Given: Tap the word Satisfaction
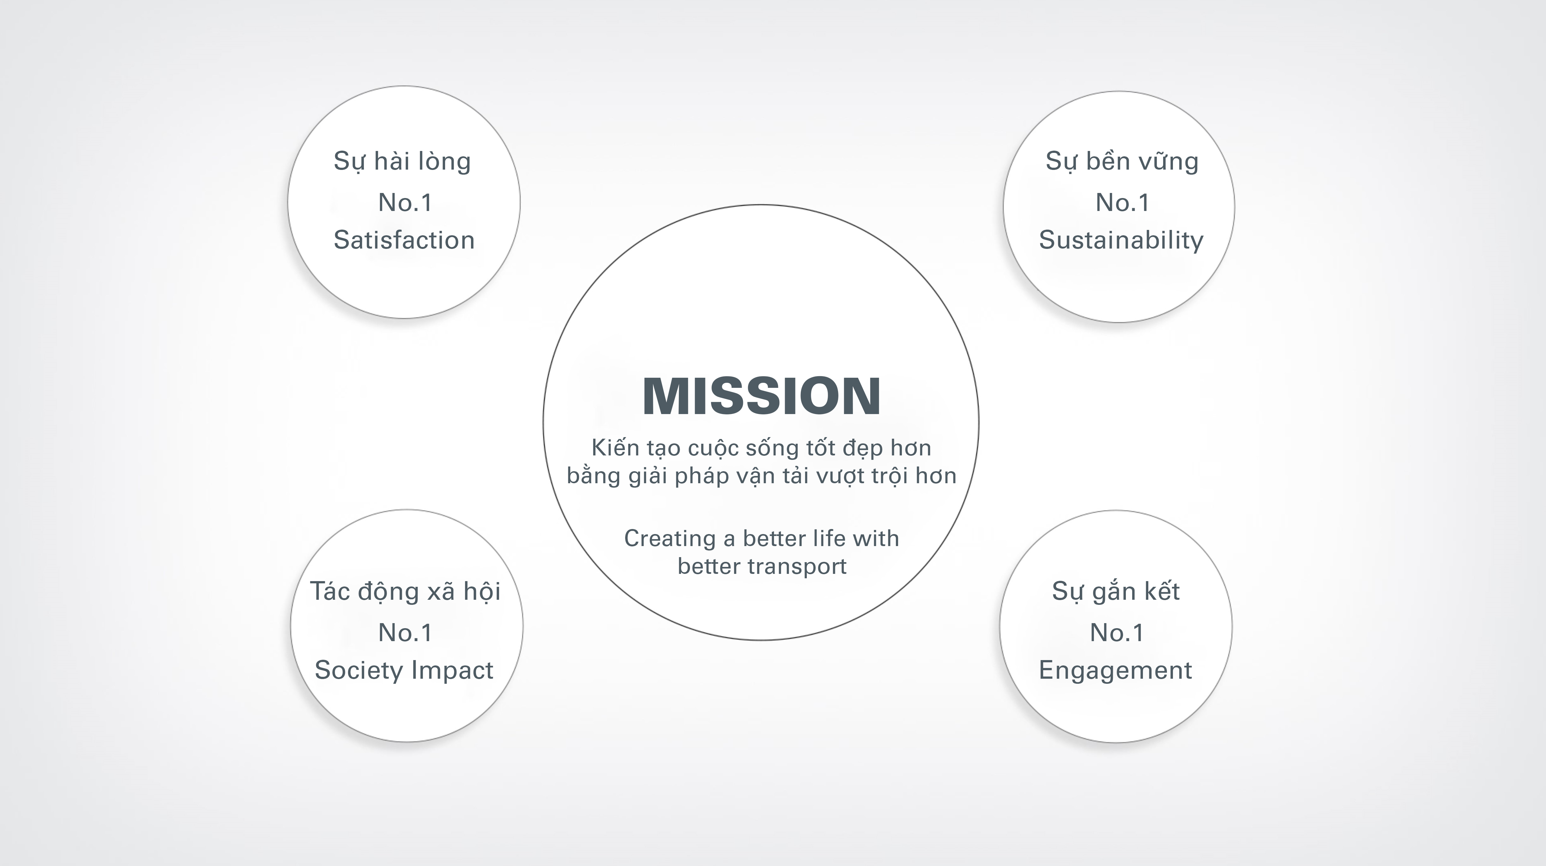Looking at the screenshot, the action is coord(404,240).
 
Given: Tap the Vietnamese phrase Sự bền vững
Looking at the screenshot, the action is coord(1122,161).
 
